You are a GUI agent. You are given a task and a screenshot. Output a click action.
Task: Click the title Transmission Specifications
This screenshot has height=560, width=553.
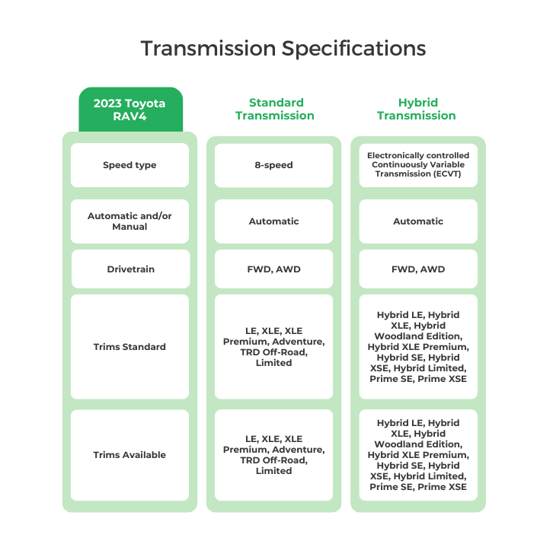coord(283,49)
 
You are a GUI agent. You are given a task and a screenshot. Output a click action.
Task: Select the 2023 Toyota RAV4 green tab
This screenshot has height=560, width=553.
coord(129,109)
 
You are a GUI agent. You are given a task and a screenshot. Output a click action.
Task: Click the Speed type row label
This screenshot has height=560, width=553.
coord(129,165)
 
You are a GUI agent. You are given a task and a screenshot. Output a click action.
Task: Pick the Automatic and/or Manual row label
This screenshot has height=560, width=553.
coord(129,221)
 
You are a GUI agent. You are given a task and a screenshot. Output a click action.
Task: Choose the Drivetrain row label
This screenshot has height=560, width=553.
coord(129,269)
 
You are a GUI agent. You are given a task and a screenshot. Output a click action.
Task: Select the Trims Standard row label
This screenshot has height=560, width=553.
coord(129,347)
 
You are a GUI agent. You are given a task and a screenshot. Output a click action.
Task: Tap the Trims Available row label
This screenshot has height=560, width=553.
coord(129,455)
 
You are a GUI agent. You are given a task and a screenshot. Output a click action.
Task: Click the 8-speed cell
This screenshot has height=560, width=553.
coord(274,165)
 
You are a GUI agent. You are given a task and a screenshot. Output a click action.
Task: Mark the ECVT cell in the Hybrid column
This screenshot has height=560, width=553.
coord(417,164)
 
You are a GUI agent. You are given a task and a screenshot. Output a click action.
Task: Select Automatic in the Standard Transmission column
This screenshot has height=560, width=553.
coord(274,221)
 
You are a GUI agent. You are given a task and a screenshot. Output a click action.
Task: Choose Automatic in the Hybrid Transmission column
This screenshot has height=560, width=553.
coord(417,221)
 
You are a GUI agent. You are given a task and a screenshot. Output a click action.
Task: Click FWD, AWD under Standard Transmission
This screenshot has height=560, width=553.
coord(274,269)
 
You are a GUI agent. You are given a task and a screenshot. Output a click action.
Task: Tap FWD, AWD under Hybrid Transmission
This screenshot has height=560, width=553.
coord(417,269)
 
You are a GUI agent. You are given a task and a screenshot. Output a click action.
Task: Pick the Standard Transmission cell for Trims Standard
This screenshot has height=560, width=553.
coord(274,347)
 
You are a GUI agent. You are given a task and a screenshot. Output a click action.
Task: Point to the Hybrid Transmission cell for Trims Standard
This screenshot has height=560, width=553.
coord(417,347)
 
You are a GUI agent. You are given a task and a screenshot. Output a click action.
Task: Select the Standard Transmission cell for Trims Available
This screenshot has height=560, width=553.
coord(274,455)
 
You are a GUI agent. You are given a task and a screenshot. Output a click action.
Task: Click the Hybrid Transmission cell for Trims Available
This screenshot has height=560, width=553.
coord(417,455)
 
